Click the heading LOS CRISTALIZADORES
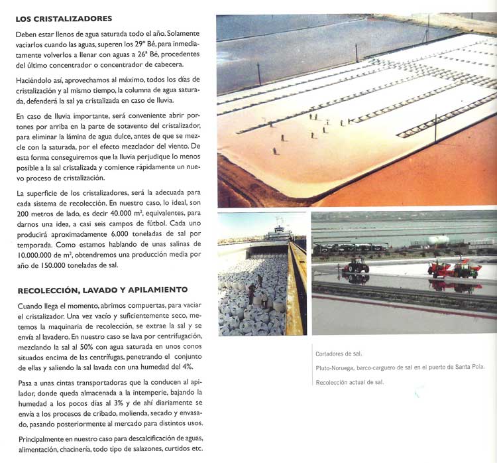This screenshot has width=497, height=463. tap(64, 19)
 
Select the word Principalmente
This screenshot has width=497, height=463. tap(43, 439)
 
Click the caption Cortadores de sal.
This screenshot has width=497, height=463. tap(339, 354)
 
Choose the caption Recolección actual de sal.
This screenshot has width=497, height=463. tap(349, 382)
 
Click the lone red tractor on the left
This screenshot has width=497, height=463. tap(356, 265)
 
